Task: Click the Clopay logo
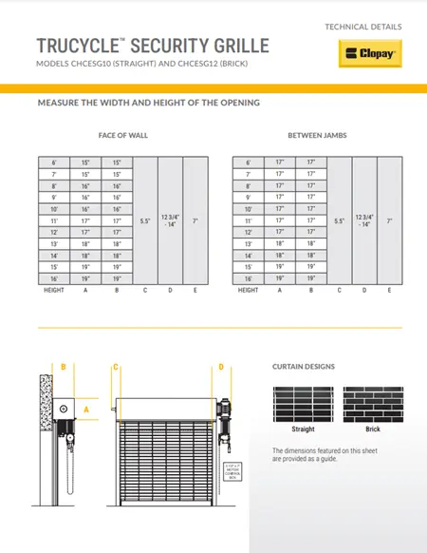point(371,54)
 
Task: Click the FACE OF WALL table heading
point(123,135)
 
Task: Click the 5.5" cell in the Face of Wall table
point(145,219)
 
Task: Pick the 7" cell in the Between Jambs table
point(390,219)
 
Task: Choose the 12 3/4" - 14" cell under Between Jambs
point(364,219)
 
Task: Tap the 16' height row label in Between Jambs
point(249,278)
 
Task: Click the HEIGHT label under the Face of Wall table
point(53,290)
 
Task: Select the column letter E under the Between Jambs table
point(390,290)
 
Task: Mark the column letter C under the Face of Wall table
point(145,290)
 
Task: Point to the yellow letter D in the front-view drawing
point(220,367)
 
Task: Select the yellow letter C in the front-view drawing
point(115,367)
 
